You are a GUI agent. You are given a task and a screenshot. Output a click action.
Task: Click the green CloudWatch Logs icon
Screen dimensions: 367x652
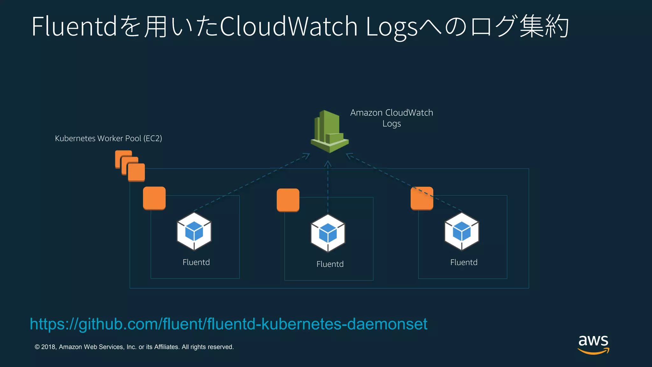tap(329, 132)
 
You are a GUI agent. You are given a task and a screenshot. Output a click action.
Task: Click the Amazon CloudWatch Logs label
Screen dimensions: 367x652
tap(391, 118)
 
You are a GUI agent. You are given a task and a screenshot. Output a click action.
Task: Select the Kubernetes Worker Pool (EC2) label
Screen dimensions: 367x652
tap(108, 138)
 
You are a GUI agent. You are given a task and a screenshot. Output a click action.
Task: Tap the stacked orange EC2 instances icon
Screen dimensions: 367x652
tap(130, 166)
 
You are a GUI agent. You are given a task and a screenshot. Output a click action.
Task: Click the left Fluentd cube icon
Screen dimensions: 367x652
tap(194, 232)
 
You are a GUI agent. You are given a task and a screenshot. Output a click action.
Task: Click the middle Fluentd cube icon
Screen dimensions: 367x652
tap(328, 234)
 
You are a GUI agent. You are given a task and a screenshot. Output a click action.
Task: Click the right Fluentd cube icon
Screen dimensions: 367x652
tap(462, 232)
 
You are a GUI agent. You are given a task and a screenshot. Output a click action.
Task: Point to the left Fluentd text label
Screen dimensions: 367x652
tap(196, 262)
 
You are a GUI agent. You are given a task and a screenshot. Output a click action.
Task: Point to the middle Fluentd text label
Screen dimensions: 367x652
tap(330, 264)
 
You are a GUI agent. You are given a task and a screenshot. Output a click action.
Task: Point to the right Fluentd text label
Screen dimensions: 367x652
tap(464, 262)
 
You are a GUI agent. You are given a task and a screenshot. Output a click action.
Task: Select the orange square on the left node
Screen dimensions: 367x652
tap(154, 198)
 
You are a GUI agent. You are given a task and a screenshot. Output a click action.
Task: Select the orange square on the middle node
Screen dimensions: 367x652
tap(288, 200)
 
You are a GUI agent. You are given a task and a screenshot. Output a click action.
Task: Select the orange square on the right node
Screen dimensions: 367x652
tap(422, 198)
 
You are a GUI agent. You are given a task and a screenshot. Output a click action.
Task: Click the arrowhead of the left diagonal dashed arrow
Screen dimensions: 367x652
tap(307, 156)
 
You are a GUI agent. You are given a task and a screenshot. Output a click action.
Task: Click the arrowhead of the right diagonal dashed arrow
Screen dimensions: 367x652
tap(349, 155)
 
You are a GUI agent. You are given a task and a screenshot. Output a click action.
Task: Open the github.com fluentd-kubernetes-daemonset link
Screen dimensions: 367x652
tap(228, 324)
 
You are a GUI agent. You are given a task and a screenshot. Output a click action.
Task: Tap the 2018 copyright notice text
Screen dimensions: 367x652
tap(134, 347)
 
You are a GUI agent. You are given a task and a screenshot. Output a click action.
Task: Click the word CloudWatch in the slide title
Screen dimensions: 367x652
tap(289, 26)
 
